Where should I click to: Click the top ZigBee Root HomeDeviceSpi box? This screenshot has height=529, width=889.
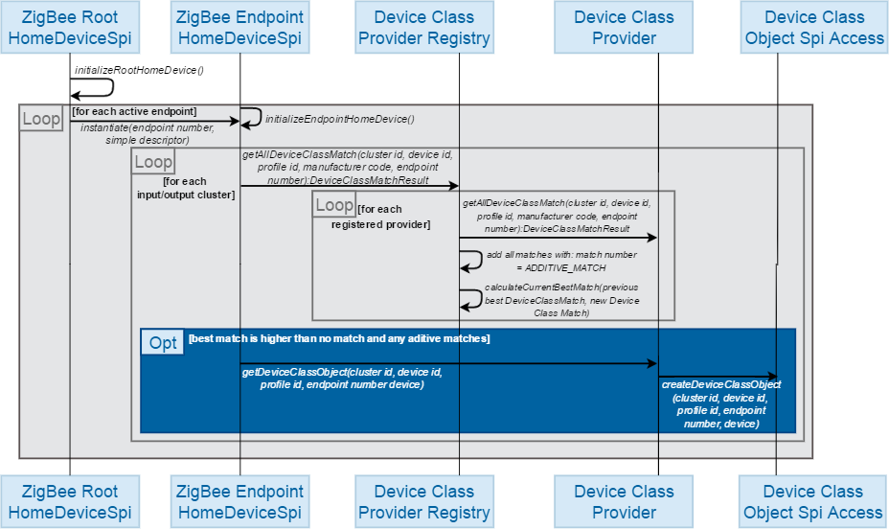[69, 27]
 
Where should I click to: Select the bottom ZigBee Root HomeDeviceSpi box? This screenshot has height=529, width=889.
[69, 501]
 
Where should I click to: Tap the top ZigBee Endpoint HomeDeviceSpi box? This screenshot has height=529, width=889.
[240, 27]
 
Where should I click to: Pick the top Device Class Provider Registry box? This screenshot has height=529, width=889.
[423, 27]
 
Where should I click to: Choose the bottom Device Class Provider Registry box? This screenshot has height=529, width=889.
[423, 501]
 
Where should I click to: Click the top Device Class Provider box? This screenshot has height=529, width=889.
[624, 27]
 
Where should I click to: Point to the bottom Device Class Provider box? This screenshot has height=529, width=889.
[624, 501]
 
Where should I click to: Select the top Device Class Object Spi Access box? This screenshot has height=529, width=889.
[813, 27]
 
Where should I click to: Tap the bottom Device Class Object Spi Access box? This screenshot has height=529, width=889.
[813, 501]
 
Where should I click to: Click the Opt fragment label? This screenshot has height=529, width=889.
[163, 342]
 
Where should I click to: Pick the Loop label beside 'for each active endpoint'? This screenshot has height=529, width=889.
[41, 118]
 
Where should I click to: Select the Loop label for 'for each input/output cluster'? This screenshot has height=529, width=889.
[152, 161]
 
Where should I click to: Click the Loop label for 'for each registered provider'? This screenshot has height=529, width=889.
[333, 204]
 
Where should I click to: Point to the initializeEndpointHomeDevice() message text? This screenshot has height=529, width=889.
[339, 119]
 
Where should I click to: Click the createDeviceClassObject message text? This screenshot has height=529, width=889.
[720, 403]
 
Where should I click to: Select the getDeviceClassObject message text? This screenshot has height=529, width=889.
[342, 378]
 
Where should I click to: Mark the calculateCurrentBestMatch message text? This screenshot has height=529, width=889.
[560, 300]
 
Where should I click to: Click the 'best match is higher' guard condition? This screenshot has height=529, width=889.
[339, 338]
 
